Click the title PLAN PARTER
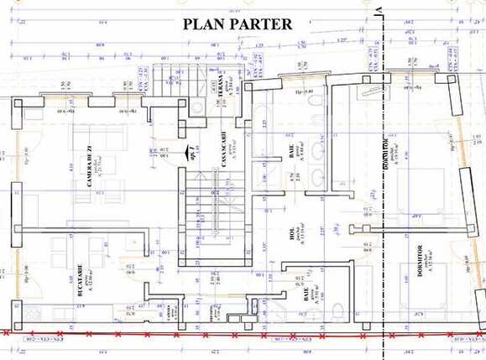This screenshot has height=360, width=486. click(x=238, y=23)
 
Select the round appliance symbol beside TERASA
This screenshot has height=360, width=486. click(x=196, y=107)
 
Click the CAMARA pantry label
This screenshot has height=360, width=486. click(x=171, y=311)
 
